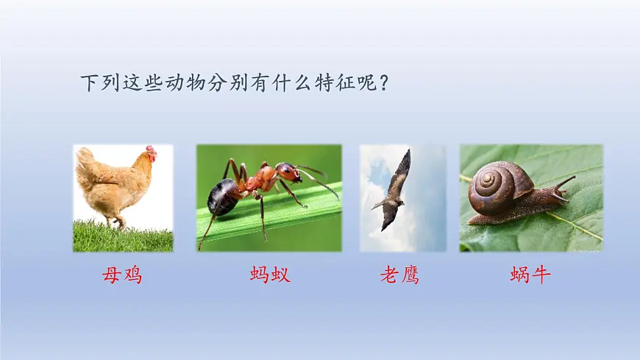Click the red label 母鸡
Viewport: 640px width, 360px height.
(122, 275)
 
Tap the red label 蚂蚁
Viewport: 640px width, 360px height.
(270, 275)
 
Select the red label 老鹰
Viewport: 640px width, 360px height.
(400, 275)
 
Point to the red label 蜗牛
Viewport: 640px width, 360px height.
(530, 275)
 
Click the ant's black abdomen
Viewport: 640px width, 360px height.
(223, 196)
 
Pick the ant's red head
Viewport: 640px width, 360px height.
(288, 172)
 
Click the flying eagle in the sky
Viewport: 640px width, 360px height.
(395, 191)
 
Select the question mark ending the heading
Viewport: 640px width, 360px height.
(383, 82)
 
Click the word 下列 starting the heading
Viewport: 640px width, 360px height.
(99, 82)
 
